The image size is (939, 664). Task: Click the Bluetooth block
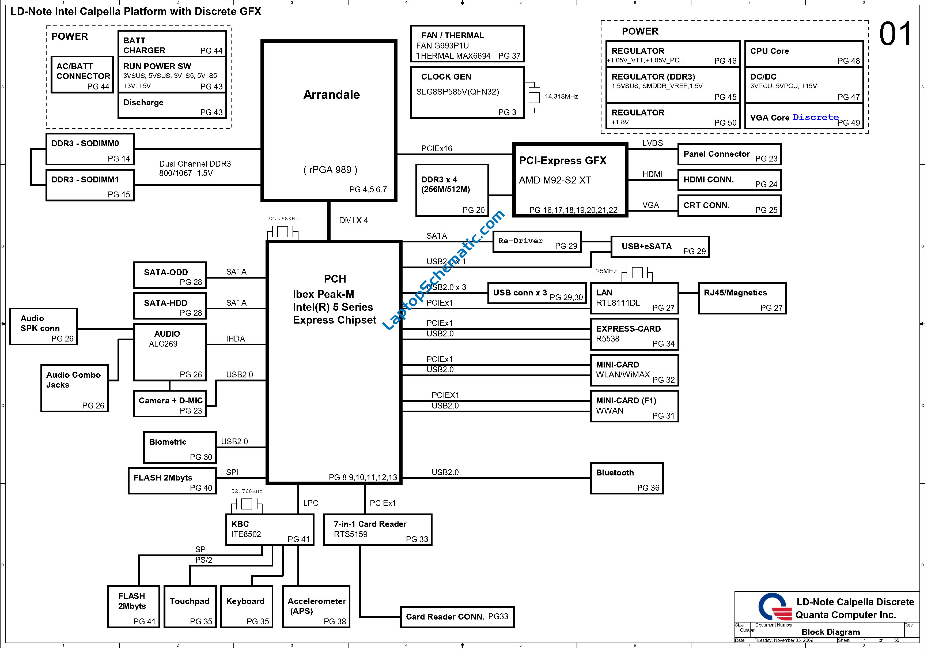(x=627, y=478)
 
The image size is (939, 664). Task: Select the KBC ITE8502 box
(x=270, y=530)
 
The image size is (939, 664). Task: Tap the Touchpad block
(x=190, y=607)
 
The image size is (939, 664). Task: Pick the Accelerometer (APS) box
(x=316, y=607)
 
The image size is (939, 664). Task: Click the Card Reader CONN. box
(x=457, y=617)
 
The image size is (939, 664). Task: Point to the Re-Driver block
(x=537, y=242)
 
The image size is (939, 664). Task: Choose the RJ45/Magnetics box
(x=742, y=298)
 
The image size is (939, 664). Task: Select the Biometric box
(x=180, y=447)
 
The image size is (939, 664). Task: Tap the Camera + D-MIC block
(x=170, y=404)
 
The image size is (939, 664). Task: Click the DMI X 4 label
(x=353, y=220)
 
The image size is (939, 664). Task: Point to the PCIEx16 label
(x=437, y=148)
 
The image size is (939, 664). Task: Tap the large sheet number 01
(x=896, y=34)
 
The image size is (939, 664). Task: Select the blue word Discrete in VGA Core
(x=816, y=117)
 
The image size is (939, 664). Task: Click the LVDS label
(x=652, y=143)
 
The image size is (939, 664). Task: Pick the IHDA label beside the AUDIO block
(x=236, y=339)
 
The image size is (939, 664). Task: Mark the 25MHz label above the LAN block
(x=606, y=271)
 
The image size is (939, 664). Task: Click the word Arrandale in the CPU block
(x=331, y=95)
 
